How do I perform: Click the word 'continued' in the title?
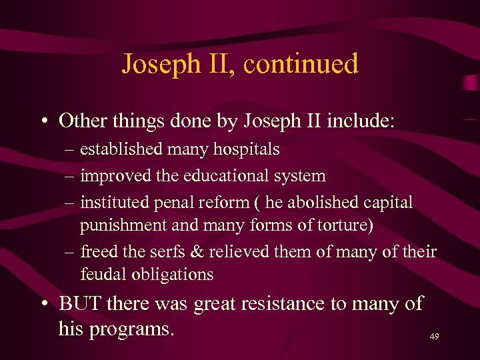tap(301, 64)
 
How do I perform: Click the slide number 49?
tap(434, 337)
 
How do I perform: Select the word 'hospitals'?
tap(246, 149)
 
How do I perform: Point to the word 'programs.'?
tap(130, 328)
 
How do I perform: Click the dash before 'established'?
tap(71, 150)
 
